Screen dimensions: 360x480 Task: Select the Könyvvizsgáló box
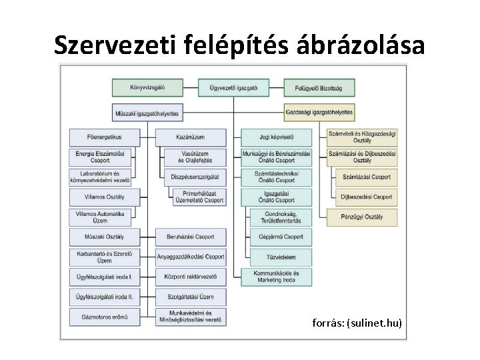coord(147,87)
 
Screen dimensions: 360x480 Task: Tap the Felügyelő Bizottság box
coord(319,87)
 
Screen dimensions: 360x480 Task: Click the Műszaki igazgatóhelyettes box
coord(147,113)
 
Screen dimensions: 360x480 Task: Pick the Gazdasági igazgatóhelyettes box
coord(319,113)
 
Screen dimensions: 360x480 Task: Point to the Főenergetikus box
coord(105,138)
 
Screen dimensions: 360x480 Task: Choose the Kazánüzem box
coord(190,138)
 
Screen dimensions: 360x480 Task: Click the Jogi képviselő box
coord(277,138)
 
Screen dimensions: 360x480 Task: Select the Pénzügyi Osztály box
coord(362,217)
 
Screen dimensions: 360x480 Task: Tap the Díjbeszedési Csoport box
coord(366,197)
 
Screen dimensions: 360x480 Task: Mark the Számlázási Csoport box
coord(366,177)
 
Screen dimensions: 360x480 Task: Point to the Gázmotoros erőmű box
coord(105,317)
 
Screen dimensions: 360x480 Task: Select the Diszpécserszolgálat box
coord(194,177)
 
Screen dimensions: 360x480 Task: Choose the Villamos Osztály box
coord(105,197)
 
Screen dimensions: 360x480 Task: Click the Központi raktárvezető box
coord(190,276)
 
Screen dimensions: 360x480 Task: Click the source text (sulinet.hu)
coord(357,323)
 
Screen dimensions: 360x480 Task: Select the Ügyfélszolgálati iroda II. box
coord(105,296)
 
